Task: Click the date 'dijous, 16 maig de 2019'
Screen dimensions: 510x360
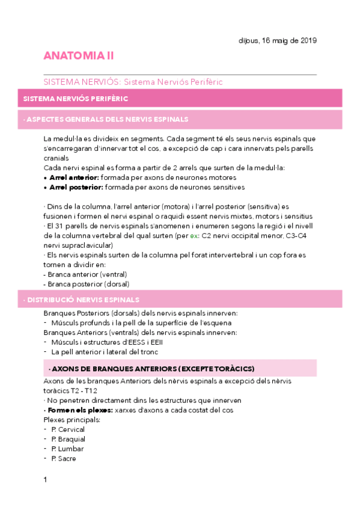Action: (x=278, y=40)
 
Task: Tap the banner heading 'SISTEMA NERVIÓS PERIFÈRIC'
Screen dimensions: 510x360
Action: (x=75, y=98)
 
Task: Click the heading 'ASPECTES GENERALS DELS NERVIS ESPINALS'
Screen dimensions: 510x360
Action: (x=107, y=119)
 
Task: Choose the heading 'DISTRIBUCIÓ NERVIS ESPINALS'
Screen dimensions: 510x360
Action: (x=82, y=299)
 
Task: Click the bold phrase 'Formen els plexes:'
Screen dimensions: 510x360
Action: (x=78, y=410)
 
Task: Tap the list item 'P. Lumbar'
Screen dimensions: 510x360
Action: (x=67, y=449)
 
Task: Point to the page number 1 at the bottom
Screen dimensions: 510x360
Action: (x=45, y=479)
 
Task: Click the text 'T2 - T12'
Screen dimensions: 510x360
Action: (x=85, y=391)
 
